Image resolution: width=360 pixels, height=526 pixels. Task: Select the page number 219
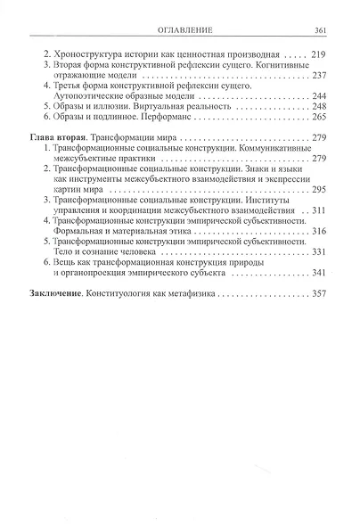click(x=322, y=54)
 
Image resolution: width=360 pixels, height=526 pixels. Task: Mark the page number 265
click(x=322, y=118)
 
